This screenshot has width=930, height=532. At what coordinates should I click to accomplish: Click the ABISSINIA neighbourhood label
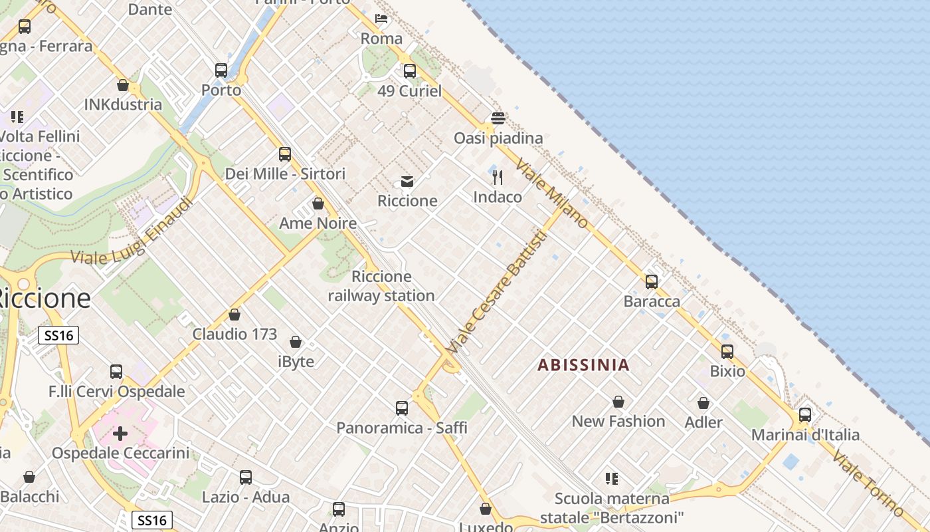pos(583,364)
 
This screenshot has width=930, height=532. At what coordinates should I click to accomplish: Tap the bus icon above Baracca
pos(652,281)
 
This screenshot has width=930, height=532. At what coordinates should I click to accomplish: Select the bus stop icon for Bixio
pos(727,351)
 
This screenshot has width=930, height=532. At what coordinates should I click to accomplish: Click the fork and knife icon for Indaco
pos(498,178)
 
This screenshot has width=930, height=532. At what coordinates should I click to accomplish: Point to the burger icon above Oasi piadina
pos(498,118)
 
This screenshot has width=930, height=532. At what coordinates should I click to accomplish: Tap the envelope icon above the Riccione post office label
pos(407,182)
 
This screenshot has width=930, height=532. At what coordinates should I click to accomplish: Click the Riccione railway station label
pos(381,286)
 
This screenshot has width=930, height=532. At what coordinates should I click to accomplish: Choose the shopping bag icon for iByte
pos(296,342)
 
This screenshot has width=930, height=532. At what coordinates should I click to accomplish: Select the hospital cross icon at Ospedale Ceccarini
pos(120,434)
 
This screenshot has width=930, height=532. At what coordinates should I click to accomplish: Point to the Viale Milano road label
pos(552,194)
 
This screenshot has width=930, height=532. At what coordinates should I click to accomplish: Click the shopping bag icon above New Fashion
pos(618,402)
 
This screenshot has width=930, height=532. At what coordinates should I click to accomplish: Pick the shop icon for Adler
pos(703,403)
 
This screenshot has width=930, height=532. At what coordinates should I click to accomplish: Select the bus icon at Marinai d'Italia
pos(805,415)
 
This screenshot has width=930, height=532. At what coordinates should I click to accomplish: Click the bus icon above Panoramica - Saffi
pos(402,408)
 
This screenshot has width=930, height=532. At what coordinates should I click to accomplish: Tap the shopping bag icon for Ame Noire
pos(318,203)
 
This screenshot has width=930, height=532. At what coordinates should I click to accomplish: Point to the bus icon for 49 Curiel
pos(410,70)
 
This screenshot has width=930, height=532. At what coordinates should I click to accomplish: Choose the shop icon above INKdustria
pos(123,85)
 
